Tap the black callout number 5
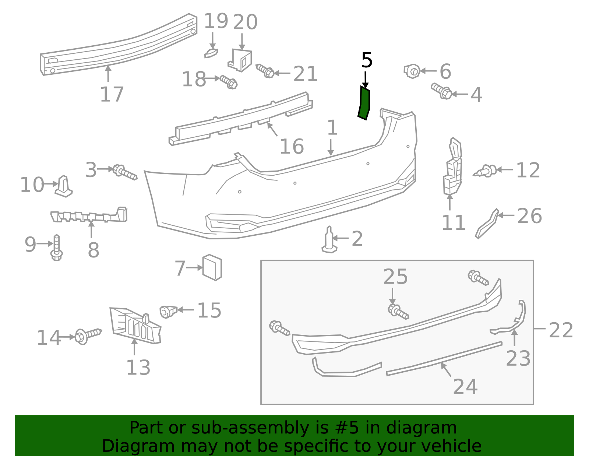[367, 60]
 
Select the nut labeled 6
[412, 71]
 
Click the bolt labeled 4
[441, 91]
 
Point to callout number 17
[112, 95]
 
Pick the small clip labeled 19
[211, 53]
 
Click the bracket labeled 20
[241, 60]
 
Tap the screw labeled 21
[265, 71]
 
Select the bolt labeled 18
[229, 82]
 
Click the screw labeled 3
[125, 172]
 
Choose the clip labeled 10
[64, 186]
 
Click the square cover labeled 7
[212, 267]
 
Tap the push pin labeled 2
[329, 241]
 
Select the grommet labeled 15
[168, 312]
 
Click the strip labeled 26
[487, 224]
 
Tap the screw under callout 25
[398, 312]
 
